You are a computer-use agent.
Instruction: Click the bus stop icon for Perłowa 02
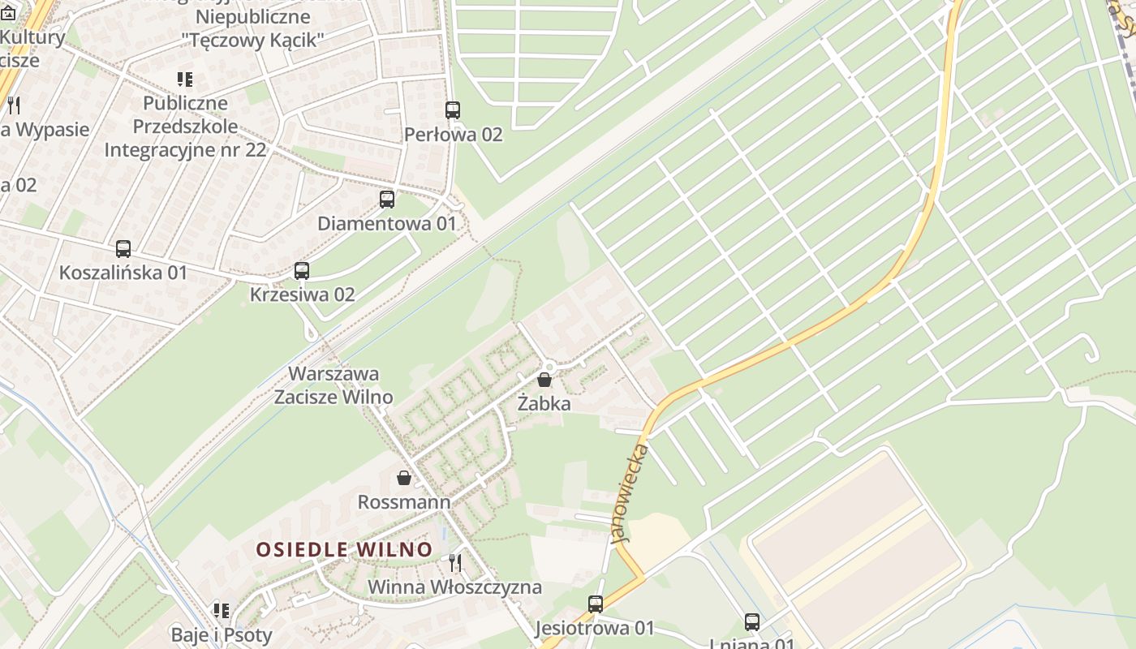pos(453,110)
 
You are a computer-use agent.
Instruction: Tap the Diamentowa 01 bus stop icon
pos(387,199)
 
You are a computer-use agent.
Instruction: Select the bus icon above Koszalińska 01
pos(123,249)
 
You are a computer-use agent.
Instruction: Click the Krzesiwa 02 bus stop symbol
pos(302,270)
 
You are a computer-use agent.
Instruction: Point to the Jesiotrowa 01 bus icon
pos(596,604)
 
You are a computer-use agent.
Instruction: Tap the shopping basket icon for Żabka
pos(544,379)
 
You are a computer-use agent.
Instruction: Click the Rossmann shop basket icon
pos(404,478)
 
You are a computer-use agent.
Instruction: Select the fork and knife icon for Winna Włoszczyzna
pos(455,562)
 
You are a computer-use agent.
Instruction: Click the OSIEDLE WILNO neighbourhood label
pos(345,549)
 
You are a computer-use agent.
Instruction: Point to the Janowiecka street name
pos(630,492)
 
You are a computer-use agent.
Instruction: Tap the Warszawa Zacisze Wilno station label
pos(333,385)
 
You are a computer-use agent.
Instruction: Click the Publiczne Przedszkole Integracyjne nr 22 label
pos(185,127)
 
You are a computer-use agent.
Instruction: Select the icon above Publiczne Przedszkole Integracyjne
pos(185,80)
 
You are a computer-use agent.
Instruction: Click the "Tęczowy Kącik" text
pos(253,40)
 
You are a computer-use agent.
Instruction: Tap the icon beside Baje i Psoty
pos(222,610)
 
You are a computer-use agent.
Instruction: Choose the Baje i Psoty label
pos(222,634)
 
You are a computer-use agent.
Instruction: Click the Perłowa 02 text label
pos(454,135)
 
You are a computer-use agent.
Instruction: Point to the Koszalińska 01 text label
pos(123,273)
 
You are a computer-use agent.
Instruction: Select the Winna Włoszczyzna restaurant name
pos(455,587)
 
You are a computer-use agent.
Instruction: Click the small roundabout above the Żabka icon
pos(551,367)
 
